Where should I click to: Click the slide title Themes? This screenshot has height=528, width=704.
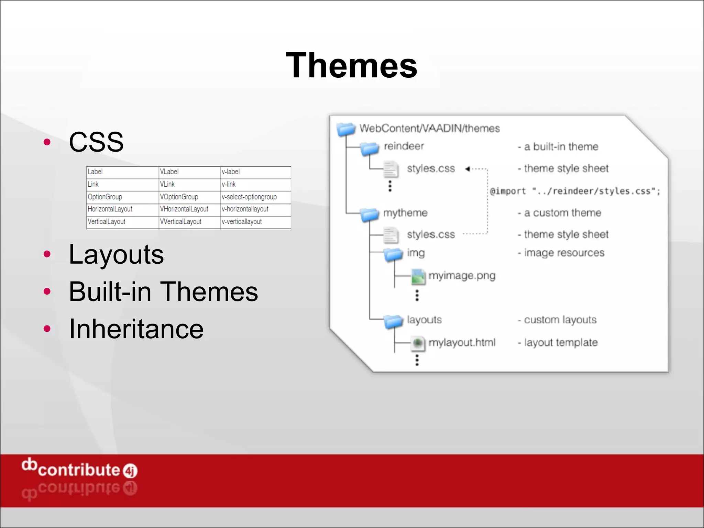click(351, 65)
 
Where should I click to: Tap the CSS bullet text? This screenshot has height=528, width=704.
click(96, 142)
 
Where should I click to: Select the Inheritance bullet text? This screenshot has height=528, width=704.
click(136, 329)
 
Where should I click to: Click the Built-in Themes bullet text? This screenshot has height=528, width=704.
click(163, 292)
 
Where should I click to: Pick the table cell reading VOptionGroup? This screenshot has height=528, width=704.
click(179, 197)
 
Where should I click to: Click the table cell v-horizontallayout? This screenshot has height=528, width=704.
click(245, 209)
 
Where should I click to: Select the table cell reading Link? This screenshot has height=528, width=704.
click(93, 184)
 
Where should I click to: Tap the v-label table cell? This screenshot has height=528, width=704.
click(231, 172)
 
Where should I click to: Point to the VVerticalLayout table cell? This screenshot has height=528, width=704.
click(181, 222)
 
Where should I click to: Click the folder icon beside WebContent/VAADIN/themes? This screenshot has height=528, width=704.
click(346, 129)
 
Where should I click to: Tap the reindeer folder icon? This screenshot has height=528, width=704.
click(370, 148)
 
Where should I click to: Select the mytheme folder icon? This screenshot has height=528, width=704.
click(370, 214)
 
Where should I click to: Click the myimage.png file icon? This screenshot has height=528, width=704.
click(418, 277)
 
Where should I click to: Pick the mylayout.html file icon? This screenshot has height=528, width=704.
click(418, 343)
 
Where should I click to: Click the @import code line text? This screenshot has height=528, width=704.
click(575, 191)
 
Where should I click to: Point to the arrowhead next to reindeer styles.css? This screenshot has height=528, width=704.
click(467, 169)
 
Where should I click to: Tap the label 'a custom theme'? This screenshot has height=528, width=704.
click(562, 213)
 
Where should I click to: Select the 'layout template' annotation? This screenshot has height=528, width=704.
click(561, 343)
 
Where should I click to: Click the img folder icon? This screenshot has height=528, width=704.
click(393, 255)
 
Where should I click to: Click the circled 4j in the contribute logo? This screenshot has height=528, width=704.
click(130, 471)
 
